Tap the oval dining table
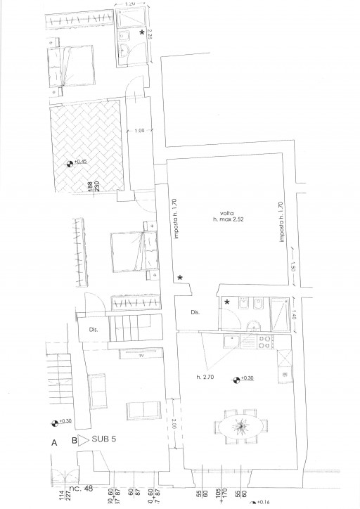[241, 427]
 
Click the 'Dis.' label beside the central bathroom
[196, 314]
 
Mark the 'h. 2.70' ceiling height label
[207, 378]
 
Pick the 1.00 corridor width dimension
[139, 131]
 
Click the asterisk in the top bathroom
[142, 33]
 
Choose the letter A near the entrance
[53, 444]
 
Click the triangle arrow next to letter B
[82, 442]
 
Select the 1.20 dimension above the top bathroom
[129, 4]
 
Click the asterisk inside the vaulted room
[181, 279]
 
